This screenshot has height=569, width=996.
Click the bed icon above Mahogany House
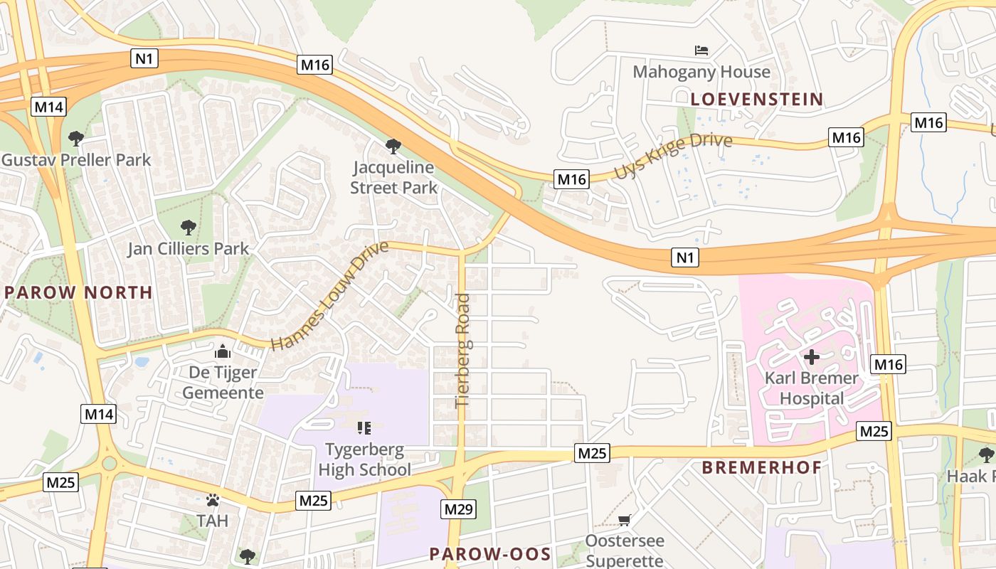tap(701, 50)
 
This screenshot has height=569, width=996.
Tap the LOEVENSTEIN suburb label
tap(756, 99)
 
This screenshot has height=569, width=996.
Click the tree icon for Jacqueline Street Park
tap(393, 147)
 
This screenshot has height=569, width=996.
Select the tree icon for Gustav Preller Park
tap(75, 138)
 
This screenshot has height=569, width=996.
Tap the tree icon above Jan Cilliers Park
tap(188, 228)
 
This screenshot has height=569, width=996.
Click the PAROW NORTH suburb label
tap(78, 292)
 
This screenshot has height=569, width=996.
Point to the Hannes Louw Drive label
tap(329, 296)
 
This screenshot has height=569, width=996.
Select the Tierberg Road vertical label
tap(462, 350)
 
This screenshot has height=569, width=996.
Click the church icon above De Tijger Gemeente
tap(223, 351)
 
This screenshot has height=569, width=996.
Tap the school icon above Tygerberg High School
tap(364, 428)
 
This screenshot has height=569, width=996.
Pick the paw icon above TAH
tap(212, 500)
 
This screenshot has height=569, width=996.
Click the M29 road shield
tap(459, 509)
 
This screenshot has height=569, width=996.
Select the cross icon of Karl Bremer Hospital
tap(811, 356)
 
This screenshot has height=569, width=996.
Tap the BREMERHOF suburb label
tap(761, 467)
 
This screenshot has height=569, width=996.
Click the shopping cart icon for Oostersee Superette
tap(624, 520)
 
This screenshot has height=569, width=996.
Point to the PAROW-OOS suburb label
tap(490, 554)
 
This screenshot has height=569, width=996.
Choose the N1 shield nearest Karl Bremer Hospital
tap(684, 257)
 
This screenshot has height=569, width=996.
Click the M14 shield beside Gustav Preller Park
tap(48, 107)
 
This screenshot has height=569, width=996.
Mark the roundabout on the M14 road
tap(109, 464)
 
